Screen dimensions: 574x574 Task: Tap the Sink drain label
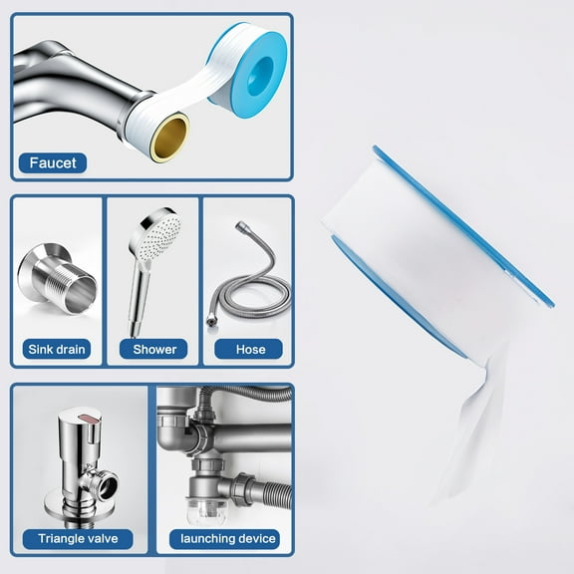coord(58,350)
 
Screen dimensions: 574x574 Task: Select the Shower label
coord(153,350)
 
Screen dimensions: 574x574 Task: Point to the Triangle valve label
coord(78,539)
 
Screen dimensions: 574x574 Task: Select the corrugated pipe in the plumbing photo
coord(260,488)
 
